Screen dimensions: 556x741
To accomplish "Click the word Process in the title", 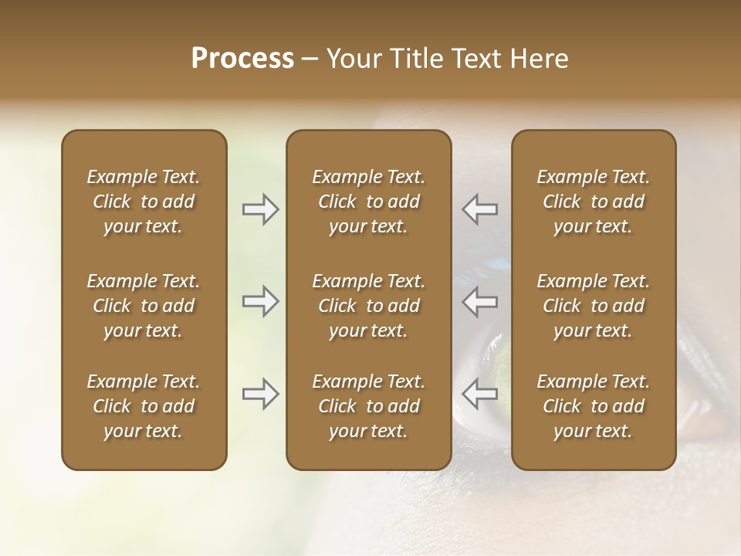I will tap(242, 59).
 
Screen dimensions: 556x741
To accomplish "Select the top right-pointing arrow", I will tap(261, 209).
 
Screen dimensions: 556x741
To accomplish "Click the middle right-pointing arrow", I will tap(261, 301).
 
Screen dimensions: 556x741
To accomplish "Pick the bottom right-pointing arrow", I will tap(261, 394).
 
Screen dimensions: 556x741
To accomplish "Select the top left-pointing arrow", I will tap(479, 209).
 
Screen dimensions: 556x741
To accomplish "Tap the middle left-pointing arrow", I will tap(479, 301).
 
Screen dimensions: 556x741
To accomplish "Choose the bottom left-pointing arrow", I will tap(479, 394).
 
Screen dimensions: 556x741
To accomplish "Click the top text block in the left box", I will tap(144, 202).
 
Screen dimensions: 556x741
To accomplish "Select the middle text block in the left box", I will tap(144, 306).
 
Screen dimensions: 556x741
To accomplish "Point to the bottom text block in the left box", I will tap(144, 406).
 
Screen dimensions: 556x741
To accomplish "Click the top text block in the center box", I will tap(368, 202).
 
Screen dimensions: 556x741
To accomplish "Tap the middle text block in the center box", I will tap(368, 306).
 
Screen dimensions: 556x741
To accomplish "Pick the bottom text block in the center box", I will tap(368, 406).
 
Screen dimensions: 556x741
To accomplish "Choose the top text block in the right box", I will tap(593, 202).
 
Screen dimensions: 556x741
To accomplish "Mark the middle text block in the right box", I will tap(593, 306).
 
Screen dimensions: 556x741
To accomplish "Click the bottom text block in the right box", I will tap(593, 406).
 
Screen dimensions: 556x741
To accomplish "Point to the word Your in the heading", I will tap(352, 59).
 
